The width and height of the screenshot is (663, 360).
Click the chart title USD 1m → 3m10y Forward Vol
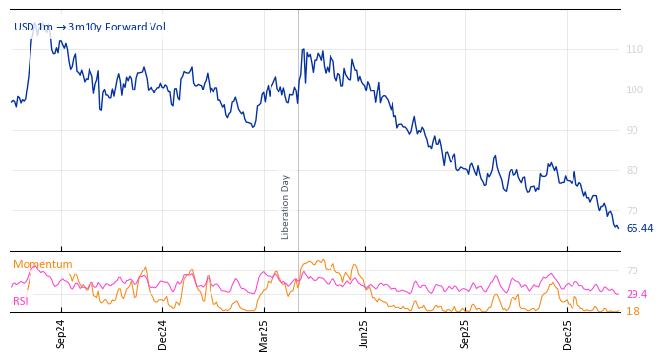click(x=90, y=27)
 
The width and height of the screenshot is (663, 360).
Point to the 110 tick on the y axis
click(x=634, y=49)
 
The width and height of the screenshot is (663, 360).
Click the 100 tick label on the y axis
click(x=634, y=90)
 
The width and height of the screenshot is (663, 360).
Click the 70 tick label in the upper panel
click(x=632, y=210)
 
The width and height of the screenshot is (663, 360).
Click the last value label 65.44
click(x=639, y=228)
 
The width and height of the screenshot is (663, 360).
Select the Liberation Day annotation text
click(x=286, y=207)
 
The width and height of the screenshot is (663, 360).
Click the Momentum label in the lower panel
click(x=42, y=264)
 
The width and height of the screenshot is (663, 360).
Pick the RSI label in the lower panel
click(x=21, y=301)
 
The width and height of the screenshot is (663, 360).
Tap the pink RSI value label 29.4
click(x=636, y=294)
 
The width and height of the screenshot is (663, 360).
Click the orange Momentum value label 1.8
click(x=633, y=311)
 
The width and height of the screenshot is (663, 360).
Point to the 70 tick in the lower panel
click(x=632, y=270)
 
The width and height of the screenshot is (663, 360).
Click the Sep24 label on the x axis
click(x=61, y=334)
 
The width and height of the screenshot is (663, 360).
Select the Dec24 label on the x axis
click(x=162, y=334)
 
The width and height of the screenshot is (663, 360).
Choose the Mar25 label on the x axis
click(x=264, y=334)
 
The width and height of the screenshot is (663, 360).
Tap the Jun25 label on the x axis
click(x=365, y=334)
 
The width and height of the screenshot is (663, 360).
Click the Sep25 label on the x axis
click(x=466, y=334)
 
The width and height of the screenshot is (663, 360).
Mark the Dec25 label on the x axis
click(x=568, y=334)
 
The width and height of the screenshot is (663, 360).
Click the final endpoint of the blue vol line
click(x=618, y=228)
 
